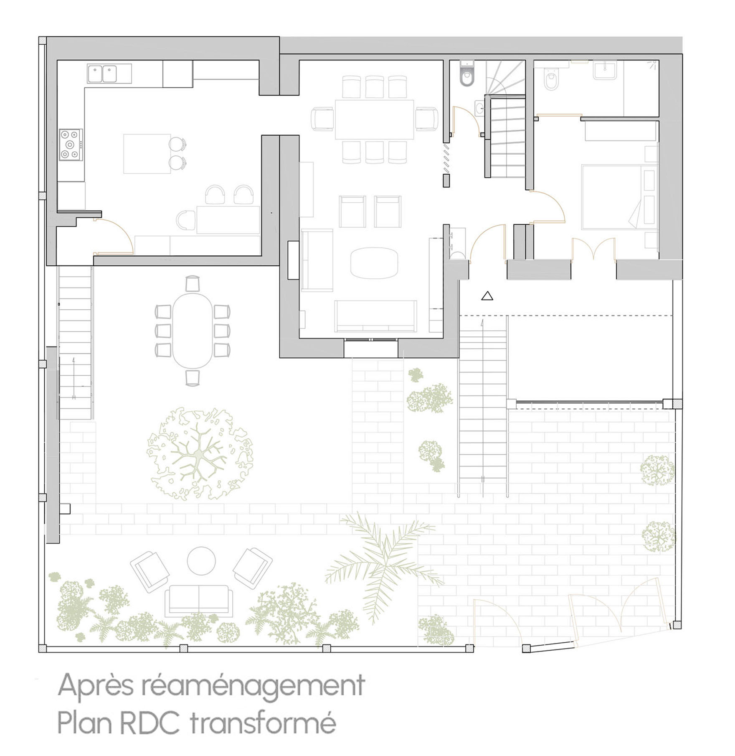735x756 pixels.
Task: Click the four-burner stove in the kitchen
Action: [x=71, y=145]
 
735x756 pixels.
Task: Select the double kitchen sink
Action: [x=109, y=74]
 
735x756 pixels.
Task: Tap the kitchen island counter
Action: [x=147, y=153]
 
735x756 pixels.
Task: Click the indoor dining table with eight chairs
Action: [x=374, y=120]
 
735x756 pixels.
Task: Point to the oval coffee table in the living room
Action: [x=374, y=263]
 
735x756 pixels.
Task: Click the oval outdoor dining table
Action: [x=193, y=330]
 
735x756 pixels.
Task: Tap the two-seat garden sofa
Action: [x=198, y=601]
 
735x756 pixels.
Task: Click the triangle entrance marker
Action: [x=487, y=296]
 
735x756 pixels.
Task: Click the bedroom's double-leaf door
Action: [x=593, y=249]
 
